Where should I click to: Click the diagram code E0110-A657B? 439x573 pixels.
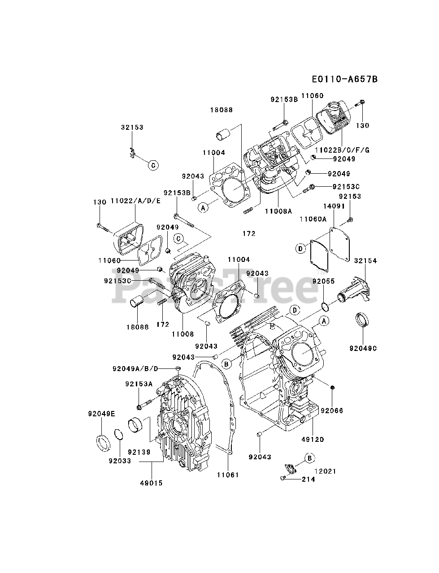(344, 79)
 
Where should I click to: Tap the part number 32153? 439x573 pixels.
(132, 127)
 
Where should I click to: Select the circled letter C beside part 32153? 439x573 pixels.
(153, 166)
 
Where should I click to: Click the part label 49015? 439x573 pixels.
(151, 483)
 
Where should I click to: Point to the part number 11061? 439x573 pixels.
(228, 475)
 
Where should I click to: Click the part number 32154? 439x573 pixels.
(365, 261)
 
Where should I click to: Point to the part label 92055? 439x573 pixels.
(324, 281)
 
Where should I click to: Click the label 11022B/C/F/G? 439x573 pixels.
(342, 150)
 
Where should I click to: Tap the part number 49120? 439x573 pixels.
(313, 440)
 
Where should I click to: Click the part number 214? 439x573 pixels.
(308, 479)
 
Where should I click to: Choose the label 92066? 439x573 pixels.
(332, 410)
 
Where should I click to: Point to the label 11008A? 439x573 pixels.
(278, 210)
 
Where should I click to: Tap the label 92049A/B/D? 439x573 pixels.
(135, 368)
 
